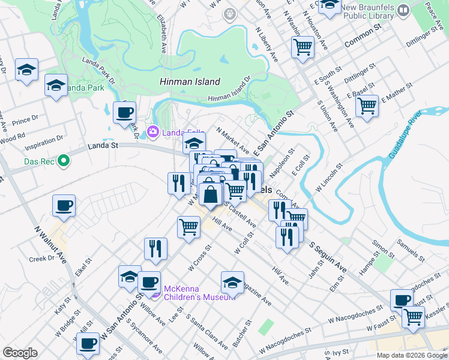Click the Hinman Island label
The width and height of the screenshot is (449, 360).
coord(190,82)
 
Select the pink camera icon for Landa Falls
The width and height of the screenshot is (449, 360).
coord(153,131)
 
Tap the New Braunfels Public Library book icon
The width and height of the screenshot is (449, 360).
coord(403,10)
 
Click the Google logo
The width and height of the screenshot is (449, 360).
coord(20,353)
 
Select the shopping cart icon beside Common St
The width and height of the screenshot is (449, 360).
coord(303,47)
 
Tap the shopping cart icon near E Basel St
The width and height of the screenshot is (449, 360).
coord(367,107)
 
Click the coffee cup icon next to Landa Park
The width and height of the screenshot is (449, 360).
coord(124,113)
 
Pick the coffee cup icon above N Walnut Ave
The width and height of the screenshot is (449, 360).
coord(64,206)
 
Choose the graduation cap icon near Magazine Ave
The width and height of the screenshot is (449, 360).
coord(232,282)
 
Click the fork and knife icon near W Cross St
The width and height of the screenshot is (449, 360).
coord(155,248)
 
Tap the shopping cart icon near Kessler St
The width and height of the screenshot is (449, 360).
coord(413,317)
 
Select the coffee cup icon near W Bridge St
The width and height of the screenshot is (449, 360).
coord(88,344)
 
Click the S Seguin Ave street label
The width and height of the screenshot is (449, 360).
coord(328,256)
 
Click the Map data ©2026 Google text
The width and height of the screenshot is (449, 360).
coord(411,355)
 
